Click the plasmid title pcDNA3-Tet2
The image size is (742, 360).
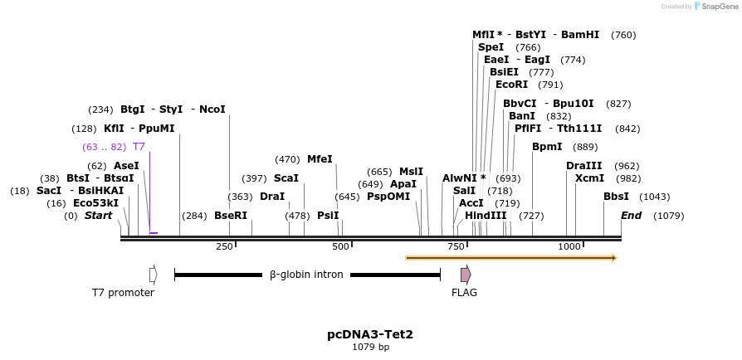point(370,334)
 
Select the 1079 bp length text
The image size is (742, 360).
point(370,348)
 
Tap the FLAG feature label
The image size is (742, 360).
point(464,292)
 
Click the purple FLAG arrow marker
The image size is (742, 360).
point(466,275)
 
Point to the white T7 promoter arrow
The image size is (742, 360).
point(153,275)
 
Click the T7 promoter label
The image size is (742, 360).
point(123,292)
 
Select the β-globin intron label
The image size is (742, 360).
point(305,275)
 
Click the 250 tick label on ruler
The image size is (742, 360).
point(224,247)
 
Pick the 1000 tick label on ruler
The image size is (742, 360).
point(569,247)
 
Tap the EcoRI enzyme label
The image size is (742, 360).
point(511,85)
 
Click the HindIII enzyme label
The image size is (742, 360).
point(486,216)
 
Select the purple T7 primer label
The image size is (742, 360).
point(139,147)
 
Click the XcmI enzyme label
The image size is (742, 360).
point(589,178)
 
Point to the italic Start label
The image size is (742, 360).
point(98,216)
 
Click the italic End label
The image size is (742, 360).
point(631,216)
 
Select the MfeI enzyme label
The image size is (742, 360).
point(320,159)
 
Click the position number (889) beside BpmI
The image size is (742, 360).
point(585,147)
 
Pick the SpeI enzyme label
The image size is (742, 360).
point(491,47)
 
